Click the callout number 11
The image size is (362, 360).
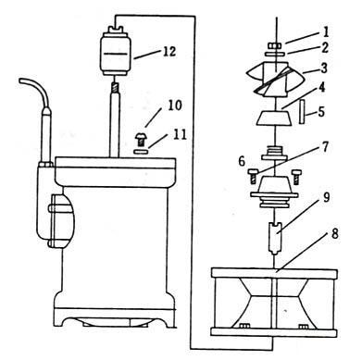[x=178, y=134]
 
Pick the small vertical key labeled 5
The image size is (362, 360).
[x=306, y=112]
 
